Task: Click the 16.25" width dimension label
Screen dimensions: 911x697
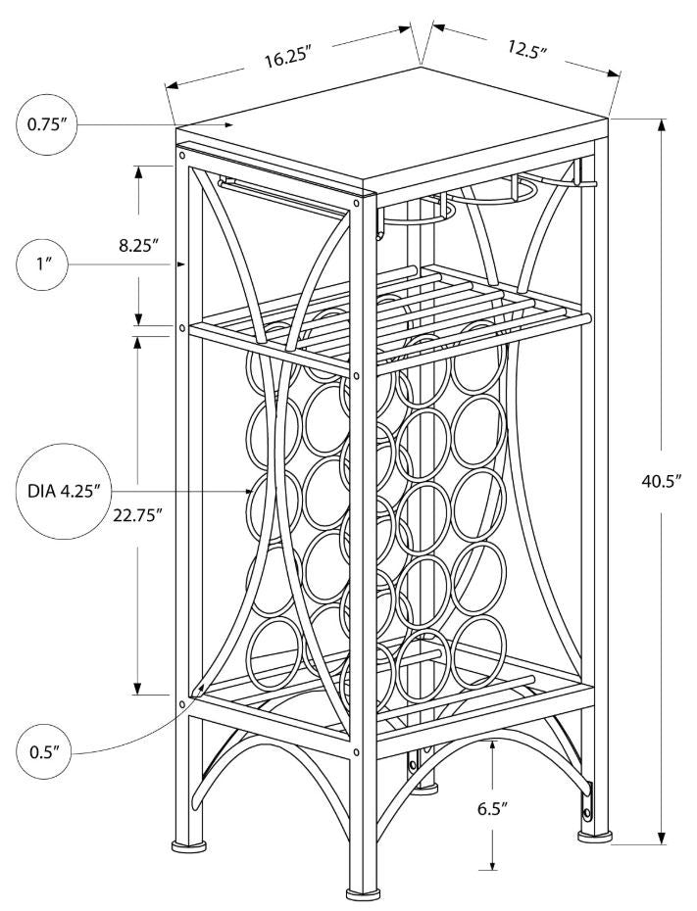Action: pos(286,56)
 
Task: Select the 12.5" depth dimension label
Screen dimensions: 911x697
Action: pos(526,49)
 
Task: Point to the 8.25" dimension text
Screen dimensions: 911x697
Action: pos(139,245)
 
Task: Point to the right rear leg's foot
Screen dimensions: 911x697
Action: pos(593,836)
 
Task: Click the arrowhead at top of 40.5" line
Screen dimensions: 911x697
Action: pos(663,128)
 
